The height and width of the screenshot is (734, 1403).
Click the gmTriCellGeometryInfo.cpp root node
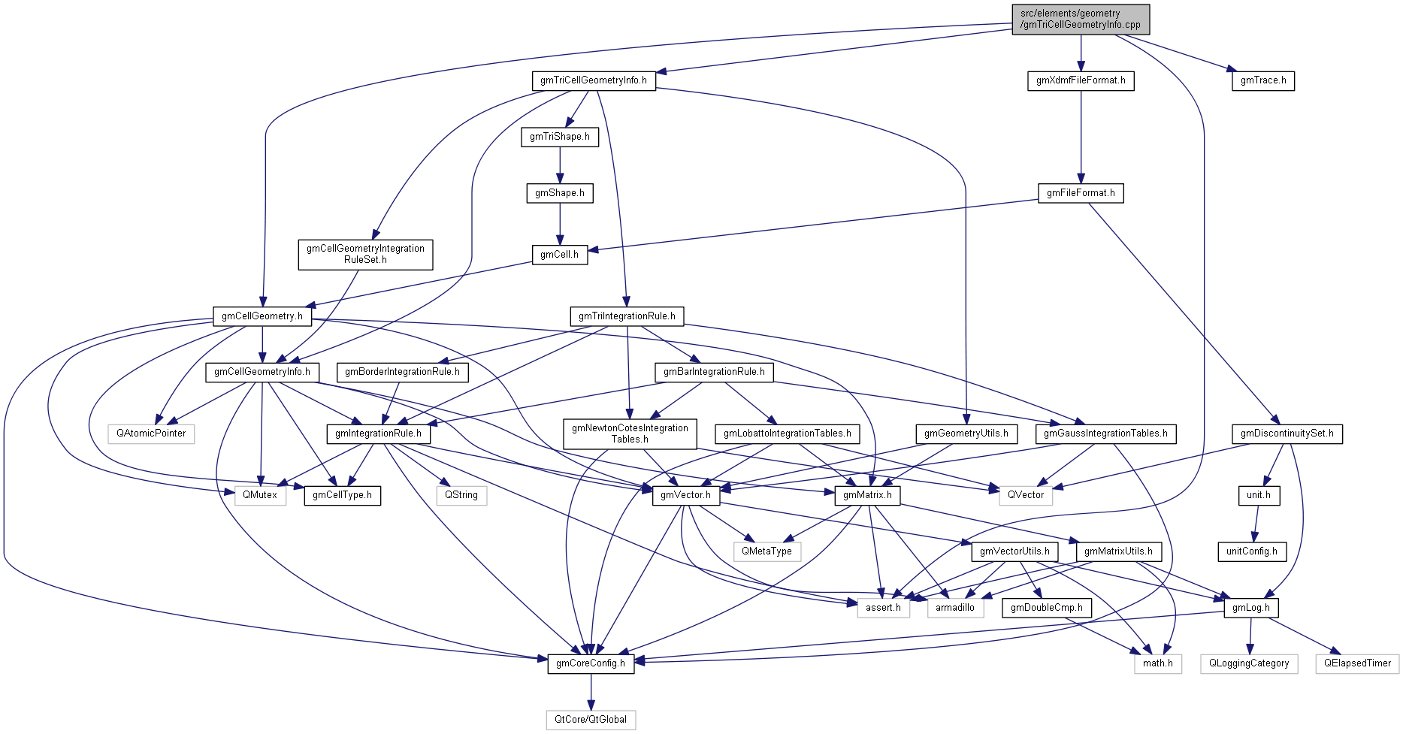click(x=1080, y=19)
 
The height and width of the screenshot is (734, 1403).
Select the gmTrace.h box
click(x=1262, y=80)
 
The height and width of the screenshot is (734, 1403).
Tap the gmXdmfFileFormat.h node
click(x=1080, y=80)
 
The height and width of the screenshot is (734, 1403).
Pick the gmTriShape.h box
click(x=559, y=137)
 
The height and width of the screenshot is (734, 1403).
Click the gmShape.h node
click(x=559, y=193)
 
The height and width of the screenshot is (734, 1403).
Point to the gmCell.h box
click(x=559, y=255)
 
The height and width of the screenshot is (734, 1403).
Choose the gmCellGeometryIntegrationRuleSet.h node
click(x=365, y=254)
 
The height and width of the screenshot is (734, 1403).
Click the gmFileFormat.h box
click(x=1080, y=193)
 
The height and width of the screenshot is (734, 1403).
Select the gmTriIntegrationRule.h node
click(x=627, y=316)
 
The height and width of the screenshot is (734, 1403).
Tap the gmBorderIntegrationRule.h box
click(x=402, y=372)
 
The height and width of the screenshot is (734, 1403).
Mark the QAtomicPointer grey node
click(x=151, y=433)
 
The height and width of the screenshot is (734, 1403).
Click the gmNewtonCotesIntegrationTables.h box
click(x=630, y=433)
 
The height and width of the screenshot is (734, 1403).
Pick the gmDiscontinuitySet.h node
click(x=1287, y=433)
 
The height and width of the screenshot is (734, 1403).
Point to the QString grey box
click(x=461, y=495)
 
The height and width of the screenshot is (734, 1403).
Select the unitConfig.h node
click(x=1251, y=551)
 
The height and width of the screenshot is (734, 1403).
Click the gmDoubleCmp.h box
click(x=1046, y=608)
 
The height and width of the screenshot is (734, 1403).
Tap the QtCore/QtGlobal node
click(x=590, y=720)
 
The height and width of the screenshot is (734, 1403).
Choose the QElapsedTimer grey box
click(x=1357, y=663)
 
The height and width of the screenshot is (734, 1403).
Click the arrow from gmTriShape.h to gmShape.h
click(x=559, y=165)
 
